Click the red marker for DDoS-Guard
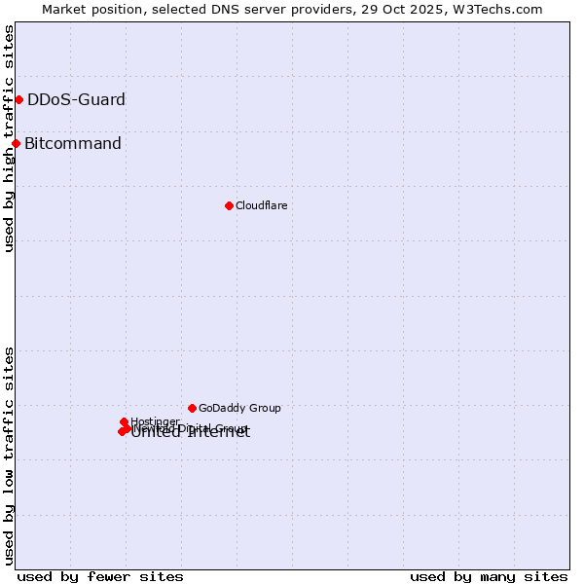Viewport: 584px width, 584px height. [18, 99]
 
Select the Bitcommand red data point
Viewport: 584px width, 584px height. [16, 144]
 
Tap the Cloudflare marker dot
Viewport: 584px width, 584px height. [229, 205]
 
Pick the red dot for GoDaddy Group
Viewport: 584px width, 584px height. [192, 408]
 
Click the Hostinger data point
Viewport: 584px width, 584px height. [124, 421]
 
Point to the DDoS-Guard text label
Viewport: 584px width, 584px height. [76, 99]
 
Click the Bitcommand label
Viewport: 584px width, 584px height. [73, 144]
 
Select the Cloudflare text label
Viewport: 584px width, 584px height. [261, 205]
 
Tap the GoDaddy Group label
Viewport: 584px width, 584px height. [239, 408]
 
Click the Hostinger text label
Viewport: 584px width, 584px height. [155, 420]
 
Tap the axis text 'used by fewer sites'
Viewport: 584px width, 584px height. [100, 576]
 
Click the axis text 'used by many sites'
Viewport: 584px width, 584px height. [489, 576]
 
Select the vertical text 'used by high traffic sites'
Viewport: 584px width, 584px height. [9, 138]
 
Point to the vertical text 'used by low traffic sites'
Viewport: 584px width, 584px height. [9, 456]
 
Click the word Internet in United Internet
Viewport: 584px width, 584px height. [218, 433]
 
